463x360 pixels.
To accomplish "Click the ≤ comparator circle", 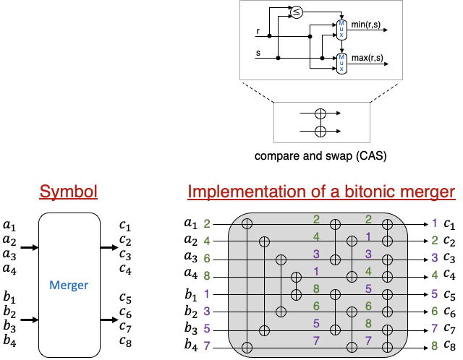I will click(x=297, y=12).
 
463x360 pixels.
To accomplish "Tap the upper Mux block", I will click(x=341, y=30).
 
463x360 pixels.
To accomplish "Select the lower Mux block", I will click(x=341, y=64).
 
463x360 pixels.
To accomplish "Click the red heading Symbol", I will click(x=68, y=192).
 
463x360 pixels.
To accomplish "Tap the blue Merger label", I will click(x=69, y=286).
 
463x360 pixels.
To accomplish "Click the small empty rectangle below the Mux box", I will click(x=321, y=122).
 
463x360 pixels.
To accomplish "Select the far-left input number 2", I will click(x=207, y=224).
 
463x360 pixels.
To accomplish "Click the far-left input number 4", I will click(x=207, y=241).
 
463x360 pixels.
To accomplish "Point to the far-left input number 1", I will click(x=207, y=293).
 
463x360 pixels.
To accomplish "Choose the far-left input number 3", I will click(x=207, y=311).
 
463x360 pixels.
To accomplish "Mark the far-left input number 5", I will click(x=207, y=328).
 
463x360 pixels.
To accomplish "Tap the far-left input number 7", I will click(x=207, y=346).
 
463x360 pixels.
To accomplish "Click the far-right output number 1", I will click(x=434, y=223).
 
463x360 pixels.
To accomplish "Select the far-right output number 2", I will click(x=434, y=241).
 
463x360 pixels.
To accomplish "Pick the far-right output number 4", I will click(x=434, y=275).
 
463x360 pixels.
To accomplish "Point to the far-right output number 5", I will click(x=434, y=293).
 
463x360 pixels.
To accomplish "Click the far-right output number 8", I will click(x=434, y=346).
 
